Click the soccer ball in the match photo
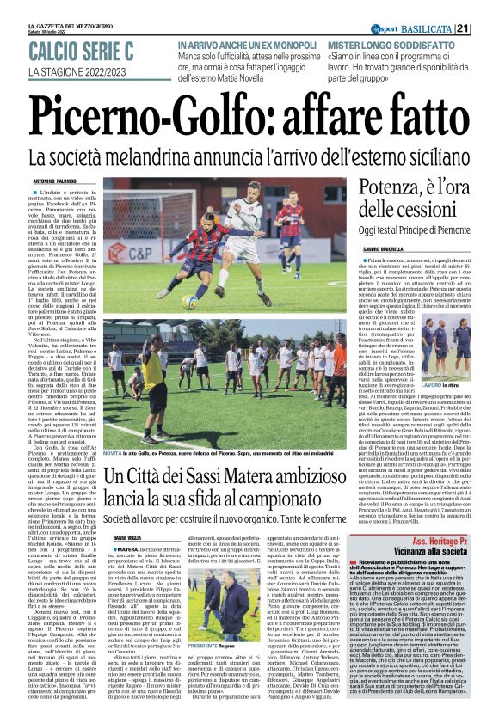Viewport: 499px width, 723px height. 188,302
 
